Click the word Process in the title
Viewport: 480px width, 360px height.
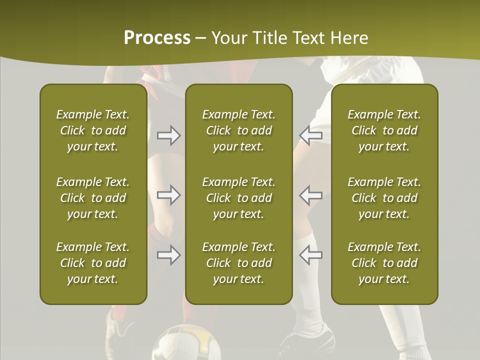157,38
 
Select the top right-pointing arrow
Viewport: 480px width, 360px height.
168,135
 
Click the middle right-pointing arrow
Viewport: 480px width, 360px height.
168,195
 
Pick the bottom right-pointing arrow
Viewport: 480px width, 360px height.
168,255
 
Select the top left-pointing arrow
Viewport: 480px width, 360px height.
310,135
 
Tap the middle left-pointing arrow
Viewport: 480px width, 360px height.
310,195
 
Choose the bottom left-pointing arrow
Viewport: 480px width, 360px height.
310,255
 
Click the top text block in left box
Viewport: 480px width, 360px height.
93,130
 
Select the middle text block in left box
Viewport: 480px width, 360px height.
93,198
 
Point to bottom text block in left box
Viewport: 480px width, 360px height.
93,263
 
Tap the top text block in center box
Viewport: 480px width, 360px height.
239,130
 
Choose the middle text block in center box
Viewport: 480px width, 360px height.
239,198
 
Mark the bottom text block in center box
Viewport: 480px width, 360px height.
239,263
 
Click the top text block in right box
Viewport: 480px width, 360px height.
384,130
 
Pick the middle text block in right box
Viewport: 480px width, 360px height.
384,198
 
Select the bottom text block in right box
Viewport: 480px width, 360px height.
384,263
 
